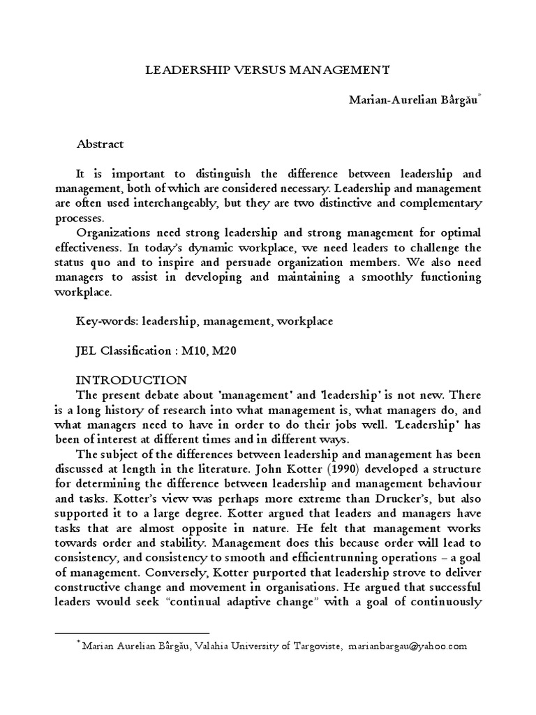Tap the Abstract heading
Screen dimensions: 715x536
coord(100,144)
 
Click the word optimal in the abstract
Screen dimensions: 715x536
coord(456,232)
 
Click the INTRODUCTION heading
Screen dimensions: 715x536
coord(131,380)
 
